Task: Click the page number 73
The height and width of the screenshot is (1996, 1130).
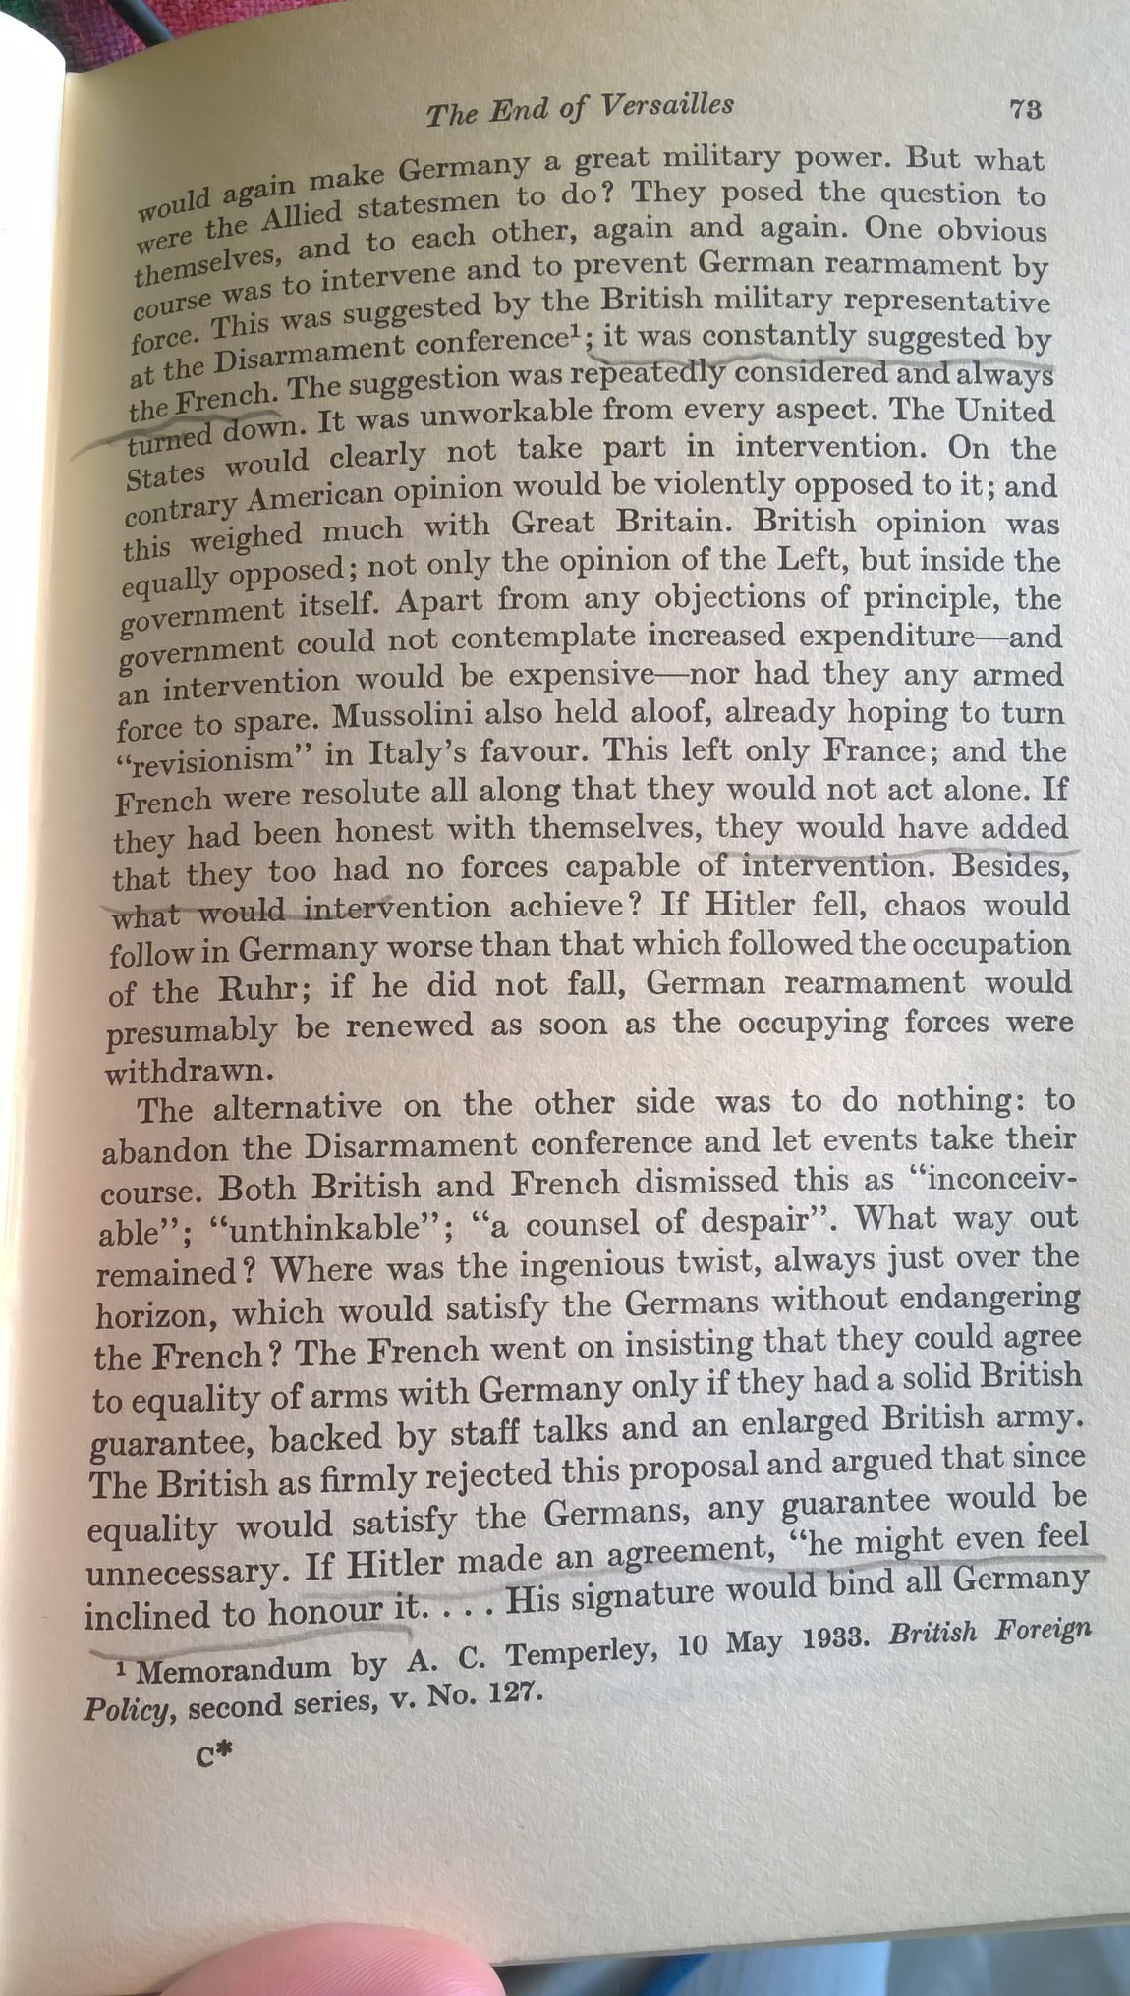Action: [x=1024, y=109]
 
